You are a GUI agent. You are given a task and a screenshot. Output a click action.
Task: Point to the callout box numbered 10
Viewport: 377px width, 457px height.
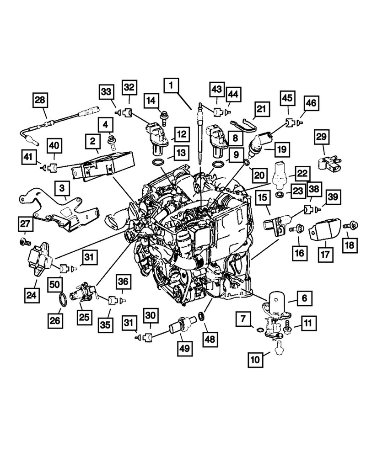[x=255, y=359]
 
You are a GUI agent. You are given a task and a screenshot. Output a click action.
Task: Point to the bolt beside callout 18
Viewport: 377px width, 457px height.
[x=353, y=224]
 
